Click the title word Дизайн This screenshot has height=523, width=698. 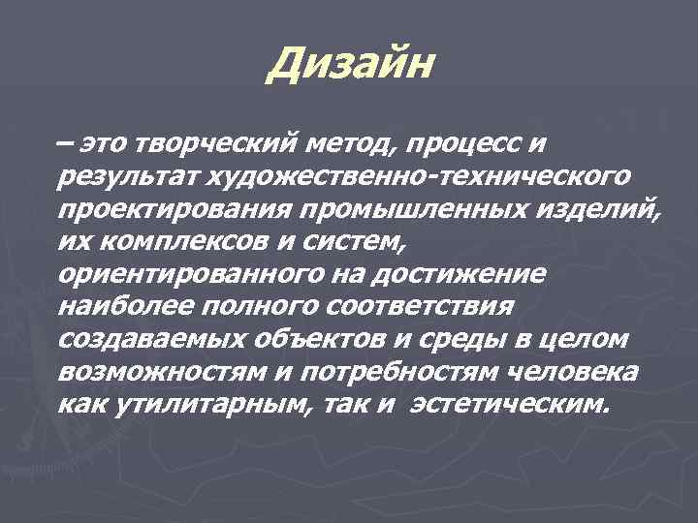[352, 66]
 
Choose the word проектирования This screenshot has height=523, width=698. [152, 210]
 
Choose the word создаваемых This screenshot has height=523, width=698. [147, 341]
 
